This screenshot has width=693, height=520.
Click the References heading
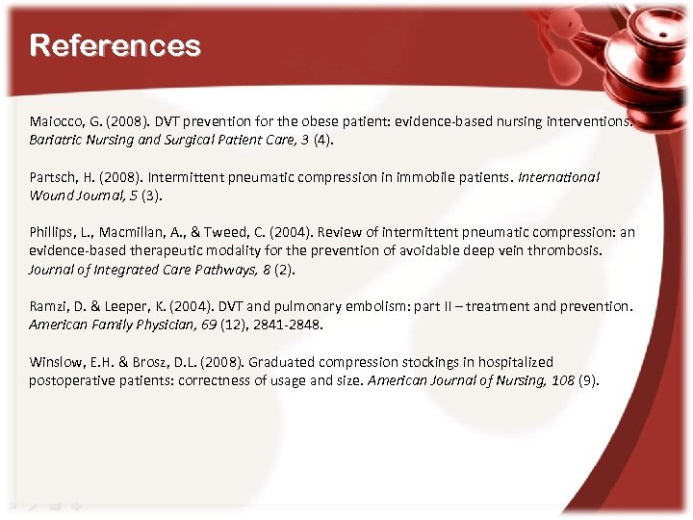(x=115, y=45)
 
